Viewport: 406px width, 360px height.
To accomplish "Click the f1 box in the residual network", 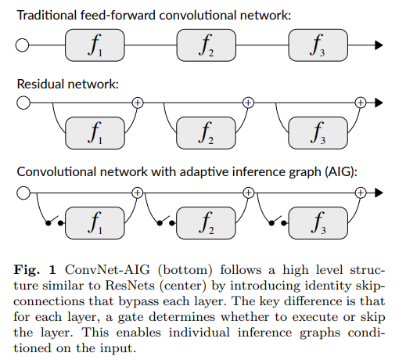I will pyautogui.click(x=95, y=134).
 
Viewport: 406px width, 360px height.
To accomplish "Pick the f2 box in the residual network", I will pyautogui.click(x=207, y=134).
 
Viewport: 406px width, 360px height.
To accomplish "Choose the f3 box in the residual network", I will pyautogui.click(x=318, y=134).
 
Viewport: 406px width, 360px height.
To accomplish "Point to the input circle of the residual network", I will pyautogui.click(x=23, y=103).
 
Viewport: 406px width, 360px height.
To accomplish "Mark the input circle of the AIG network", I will pyautogui.click(x=23, y=191).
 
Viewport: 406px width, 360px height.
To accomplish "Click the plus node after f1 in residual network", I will pyautogui.click(x=138, y=103).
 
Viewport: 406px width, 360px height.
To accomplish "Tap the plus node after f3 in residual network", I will pyautogui.click(x=361, y=103).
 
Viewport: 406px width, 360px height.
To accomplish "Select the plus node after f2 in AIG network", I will pyautogui.click(x=249, y=191).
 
